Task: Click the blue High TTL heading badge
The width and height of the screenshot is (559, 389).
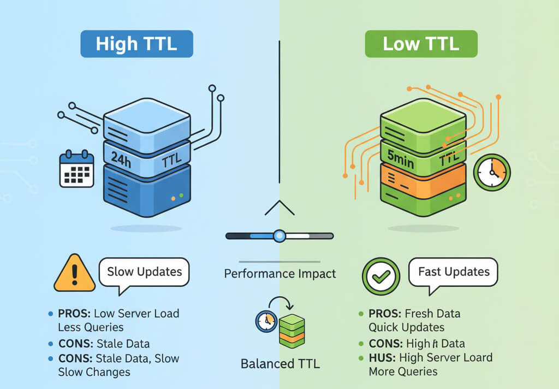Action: (x=136, y=44)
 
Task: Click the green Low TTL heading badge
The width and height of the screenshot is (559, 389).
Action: (x=421, y=44)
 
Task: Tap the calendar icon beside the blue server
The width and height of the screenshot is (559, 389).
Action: (x=76, y=169)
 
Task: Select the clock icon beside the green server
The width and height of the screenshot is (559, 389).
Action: (x=492, y=172)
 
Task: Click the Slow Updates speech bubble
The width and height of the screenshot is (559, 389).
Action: (x=144, y=272)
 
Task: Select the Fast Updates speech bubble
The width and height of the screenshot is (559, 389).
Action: (x=453, y=272)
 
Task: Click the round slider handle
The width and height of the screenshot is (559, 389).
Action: (x=279, y=236)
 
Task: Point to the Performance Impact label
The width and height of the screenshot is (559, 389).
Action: (x=280, y=273)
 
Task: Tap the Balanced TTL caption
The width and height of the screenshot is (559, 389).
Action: (x=280, y=363)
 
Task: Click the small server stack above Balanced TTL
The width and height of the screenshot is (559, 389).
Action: (x=292, y=331)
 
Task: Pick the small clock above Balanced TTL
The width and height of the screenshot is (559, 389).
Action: (x=266, y=321)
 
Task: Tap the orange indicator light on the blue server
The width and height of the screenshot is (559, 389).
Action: (x=173, y=198)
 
